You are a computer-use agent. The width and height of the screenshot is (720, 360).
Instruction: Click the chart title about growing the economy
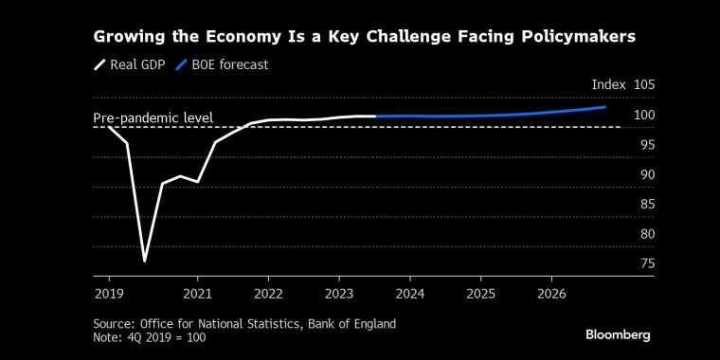(x=363, y=37)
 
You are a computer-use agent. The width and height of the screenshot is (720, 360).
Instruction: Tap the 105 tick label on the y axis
(x=644, y=85)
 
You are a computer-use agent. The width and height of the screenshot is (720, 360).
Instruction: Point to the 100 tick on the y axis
(x=644, y=116)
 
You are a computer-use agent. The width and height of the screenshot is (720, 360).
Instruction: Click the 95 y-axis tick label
(x=647, y=145)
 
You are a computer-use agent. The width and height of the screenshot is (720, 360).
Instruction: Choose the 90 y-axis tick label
(x=647, y=174)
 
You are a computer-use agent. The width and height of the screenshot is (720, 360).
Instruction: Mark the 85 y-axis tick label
(x=647, y=204)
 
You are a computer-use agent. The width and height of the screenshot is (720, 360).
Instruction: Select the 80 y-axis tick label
(x=647, y=234)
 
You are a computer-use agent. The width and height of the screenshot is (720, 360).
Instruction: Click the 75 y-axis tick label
(x=647, y=263)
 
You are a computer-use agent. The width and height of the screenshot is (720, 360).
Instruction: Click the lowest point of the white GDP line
(x=145, y=261)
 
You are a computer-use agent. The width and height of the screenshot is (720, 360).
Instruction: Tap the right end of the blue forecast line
(x=605, y=107)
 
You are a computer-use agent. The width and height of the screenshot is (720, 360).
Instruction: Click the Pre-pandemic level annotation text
(x=153, y=118)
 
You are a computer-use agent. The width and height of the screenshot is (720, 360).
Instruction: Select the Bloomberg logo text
(x=618, y=334)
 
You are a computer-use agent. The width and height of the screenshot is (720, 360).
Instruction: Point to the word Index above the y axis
(x=608, y=85)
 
